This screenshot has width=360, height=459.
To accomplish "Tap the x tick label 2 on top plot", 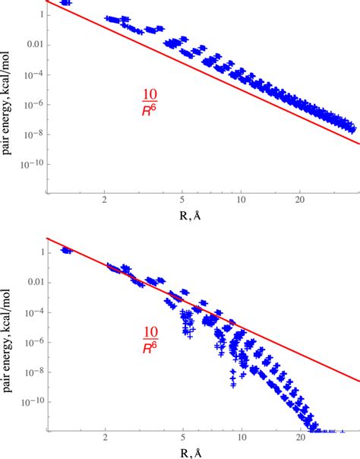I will [x=104, y=201].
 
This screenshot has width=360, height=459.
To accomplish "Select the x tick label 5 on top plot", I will [x=183, y=201].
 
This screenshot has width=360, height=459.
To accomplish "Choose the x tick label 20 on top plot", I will [x=301, y=201].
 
